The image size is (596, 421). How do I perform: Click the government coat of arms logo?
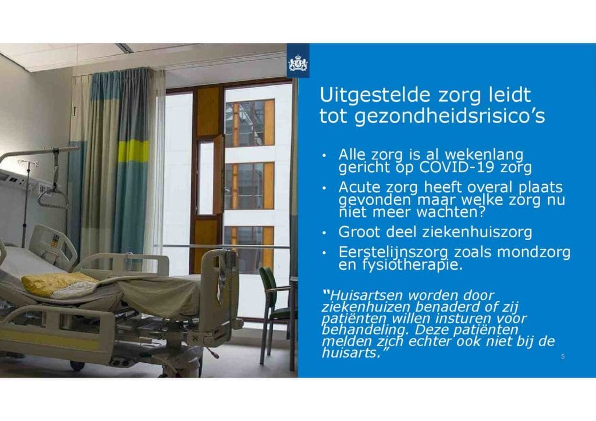click(298, 63)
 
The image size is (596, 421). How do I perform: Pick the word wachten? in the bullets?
click(451, 212)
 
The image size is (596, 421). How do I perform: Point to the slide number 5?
click(563, 356)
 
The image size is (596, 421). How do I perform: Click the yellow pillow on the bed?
click(57, 284)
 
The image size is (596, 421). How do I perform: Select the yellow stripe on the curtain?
click(133, 151)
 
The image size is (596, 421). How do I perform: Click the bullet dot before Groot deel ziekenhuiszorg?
click(324, 233)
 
